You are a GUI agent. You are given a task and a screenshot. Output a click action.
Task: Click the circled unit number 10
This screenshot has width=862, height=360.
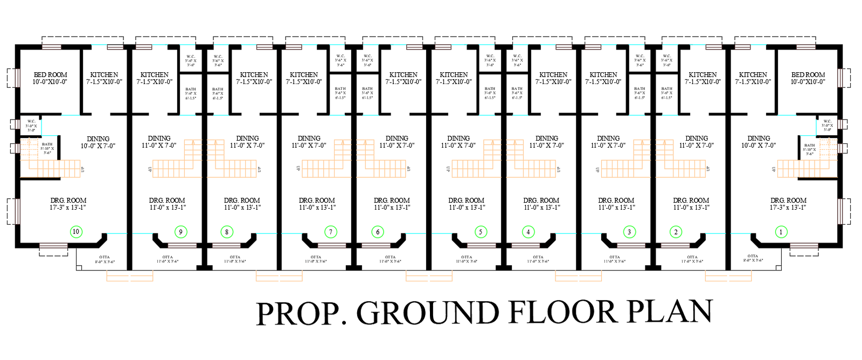tap(75, 232)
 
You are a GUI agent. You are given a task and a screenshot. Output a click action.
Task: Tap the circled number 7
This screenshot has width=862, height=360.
tap(330, 232)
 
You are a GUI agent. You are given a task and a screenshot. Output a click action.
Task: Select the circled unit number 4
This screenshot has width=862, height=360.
tap(528, 232)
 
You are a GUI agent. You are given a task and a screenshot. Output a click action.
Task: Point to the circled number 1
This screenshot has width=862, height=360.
tap(781, 232)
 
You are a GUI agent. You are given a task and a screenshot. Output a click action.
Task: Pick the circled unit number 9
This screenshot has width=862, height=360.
tap(180, 232)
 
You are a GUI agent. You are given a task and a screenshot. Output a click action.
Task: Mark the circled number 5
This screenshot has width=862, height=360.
tap(481, 232)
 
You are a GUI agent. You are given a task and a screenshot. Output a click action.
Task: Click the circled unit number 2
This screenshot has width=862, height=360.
tap(676, 232)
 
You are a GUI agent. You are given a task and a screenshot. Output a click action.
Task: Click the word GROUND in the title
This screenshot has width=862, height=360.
tap(428, 313)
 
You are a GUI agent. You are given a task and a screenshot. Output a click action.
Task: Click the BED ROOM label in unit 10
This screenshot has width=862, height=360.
tap(50, 75)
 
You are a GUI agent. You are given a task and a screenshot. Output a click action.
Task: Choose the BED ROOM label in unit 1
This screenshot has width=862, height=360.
tap(808, 75)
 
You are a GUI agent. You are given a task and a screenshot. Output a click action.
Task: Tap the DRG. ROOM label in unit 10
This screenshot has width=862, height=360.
tap(68, 200)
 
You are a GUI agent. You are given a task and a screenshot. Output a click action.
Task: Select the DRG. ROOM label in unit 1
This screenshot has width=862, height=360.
tap(788, 200)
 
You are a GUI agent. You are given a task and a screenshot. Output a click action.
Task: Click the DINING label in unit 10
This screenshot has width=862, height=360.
tap(98, 139)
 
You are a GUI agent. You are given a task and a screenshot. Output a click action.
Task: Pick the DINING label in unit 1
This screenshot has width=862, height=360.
tap(759, 139)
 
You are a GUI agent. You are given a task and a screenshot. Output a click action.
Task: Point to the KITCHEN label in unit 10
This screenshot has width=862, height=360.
tap(104, 75)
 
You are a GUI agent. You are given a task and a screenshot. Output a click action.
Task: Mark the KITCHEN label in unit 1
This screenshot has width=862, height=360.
tap(753, 75)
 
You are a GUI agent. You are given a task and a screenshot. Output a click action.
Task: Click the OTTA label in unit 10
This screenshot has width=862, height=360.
tap(105, 257)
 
